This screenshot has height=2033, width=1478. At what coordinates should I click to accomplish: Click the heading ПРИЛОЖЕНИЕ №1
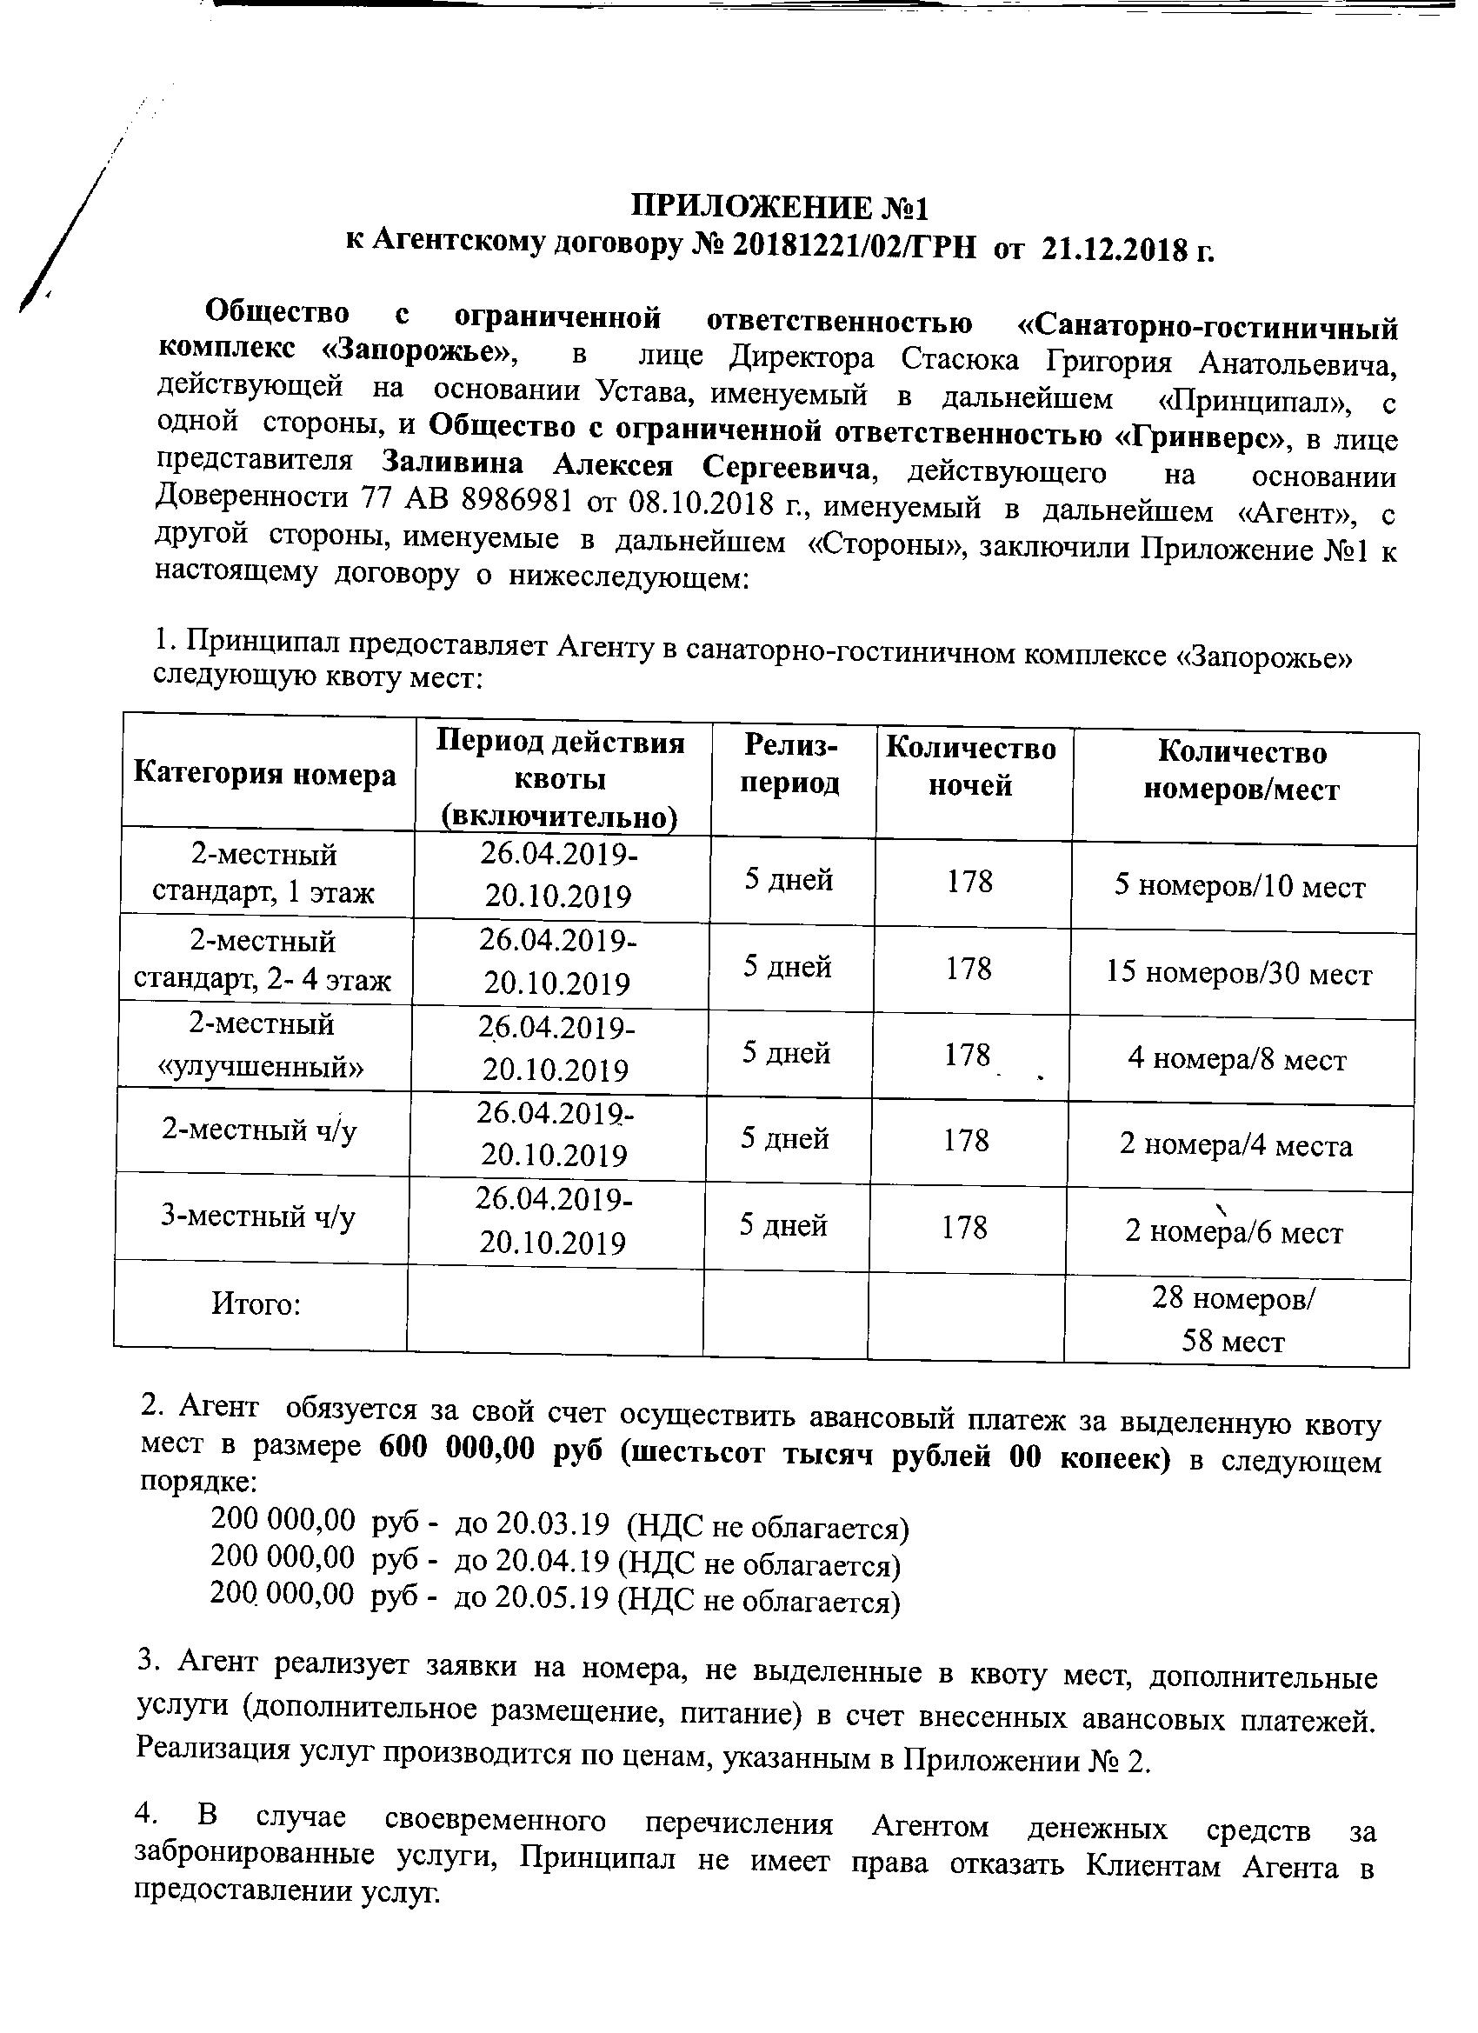tap(779, 207)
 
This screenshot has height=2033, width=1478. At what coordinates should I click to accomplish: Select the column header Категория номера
tap(264, 774)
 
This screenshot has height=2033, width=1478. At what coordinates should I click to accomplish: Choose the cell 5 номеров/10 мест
tap(1240, 888)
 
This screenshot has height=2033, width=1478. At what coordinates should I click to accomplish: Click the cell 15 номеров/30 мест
tap(1239, 975)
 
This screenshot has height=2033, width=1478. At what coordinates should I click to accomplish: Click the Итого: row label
tap(256, 1303)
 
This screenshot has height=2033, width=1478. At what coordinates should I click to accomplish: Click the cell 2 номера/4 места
tap(1236, 1145)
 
